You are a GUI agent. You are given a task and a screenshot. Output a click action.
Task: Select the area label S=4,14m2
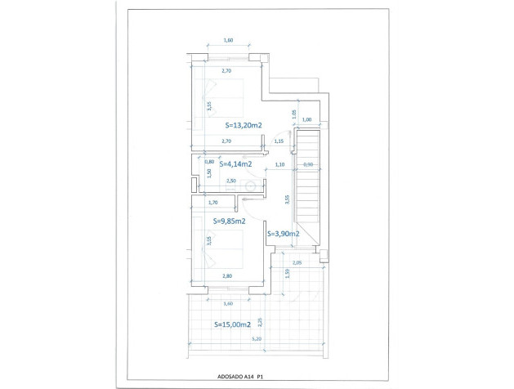tap(235, 163)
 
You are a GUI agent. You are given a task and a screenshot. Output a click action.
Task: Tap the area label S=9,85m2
tap(230, 220)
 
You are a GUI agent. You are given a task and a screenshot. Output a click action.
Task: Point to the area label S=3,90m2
tap(283, 234)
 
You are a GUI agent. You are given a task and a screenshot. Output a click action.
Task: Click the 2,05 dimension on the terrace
tap(297, 262)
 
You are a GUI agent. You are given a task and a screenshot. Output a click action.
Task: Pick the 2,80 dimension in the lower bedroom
tap(227, 276)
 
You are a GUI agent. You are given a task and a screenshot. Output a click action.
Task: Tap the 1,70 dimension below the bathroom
tap(213, 202)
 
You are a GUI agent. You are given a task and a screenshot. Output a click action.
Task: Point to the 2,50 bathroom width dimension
tap(231, 181)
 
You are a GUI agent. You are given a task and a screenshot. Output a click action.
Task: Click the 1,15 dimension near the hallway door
tap(279, 141)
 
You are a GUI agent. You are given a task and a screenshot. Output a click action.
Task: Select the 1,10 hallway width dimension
tap(279, 165)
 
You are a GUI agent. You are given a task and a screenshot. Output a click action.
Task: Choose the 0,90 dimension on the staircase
tap(307, 165)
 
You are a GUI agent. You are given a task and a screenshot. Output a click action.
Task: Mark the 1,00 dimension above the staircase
tap(306, 120)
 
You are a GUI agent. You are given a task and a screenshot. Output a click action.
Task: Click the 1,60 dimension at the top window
tap(228, 40)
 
